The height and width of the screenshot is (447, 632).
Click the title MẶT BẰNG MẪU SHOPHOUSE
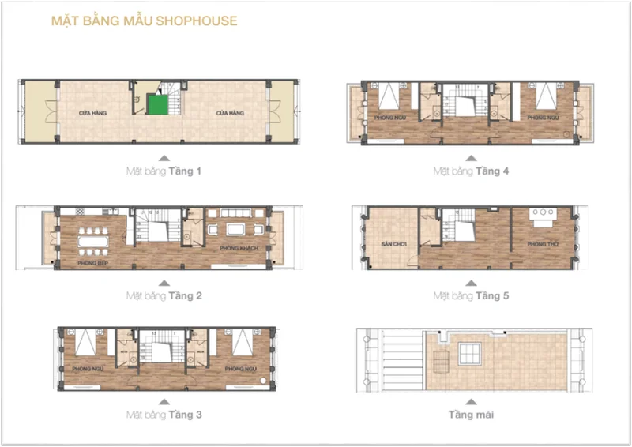pos(144,21)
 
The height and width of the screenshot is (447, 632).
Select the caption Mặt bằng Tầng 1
pos(164,171)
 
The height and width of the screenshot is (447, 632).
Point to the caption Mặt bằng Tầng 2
pos(164,296)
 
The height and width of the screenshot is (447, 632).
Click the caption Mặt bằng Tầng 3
pos(164,414)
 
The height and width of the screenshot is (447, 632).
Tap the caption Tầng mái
pos(471,414)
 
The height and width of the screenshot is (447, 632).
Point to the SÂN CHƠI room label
pos(393,245)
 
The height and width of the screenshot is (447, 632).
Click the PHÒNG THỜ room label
pos(542,244)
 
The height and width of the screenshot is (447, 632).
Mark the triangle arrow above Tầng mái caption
pos(471,400)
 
